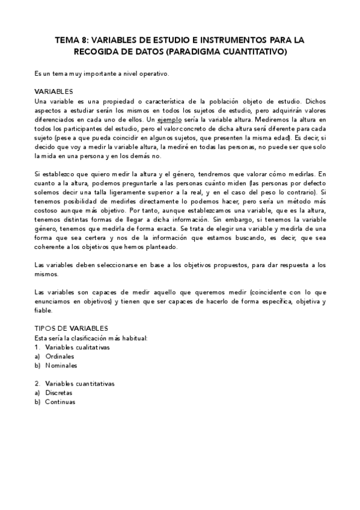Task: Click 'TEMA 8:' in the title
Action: (72, 40)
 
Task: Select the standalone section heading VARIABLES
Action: (53, 91)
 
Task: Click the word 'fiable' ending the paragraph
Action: (44, 311)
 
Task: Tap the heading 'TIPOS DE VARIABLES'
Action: (71, 328)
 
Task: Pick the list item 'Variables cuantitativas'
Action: (79, 383)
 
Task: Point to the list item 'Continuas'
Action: (60, 402)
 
